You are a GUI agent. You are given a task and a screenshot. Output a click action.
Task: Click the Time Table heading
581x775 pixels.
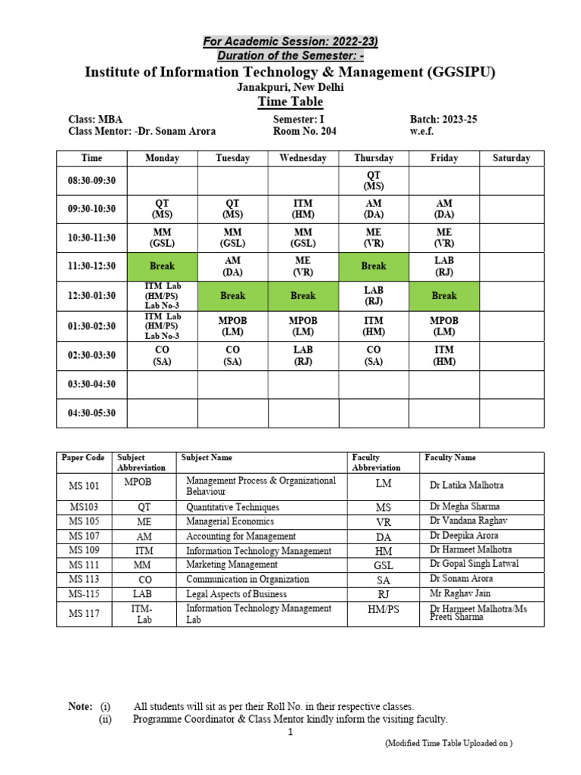[x=290, y=102]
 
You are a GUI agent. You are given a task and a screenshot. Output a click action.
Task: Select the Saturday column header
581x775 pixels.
[x=511, y=158]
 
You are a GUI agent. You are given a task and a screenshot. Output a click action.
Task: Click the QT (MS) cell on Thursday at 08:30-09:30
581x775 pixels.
[x=374, y=181]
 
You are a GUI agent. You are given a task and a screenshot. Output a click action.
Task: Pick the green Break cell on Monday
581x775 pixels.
[x=162, y=266]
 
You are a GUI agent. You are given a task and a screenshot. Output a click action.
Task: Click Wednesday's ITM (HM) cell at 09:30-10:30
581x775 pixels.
[x=303, y=210]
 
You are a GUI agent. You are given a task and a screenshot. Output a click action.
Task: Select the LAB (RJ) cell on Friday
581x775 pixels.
[x=444, y=266]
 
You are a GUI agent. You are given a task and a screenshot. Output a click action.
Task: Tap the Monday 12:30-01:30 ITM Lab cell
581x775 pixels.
[x=162, y=295]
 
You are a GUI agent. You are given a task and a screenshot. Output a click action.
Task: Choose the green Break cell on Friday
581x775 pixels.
[x=444, y=295]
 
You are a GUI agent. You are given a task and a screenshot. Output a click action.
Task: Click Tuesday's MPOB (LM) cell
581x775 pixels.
[x=233, y=326]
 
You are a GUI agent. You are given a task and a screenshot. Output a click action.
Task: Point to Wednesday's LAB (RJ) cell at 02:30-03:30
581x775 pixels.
[x=303, y=356]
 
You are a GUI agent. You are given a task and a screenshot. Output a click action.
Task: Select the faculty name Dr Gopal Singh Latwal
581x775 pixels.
[x=474, y=565]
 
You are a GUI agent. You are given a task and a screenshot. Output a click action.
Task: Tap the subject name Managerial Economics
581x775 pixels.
[x=231, y=521]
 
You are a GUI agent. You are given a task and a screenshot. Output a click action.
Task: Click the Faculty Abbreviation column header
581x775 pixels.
[x=376, y=462]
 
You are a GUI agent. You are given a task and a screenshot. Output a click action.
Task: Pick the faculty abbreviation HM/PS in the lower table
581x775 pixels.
[x=384, y=613]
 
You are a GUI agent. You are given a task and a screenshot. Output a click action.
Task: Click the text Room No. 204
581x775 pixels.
[x=305, y=131]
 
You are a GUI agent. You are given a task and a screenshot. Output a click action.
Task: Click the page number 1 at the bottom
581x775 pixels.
[x=290, y=733]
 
